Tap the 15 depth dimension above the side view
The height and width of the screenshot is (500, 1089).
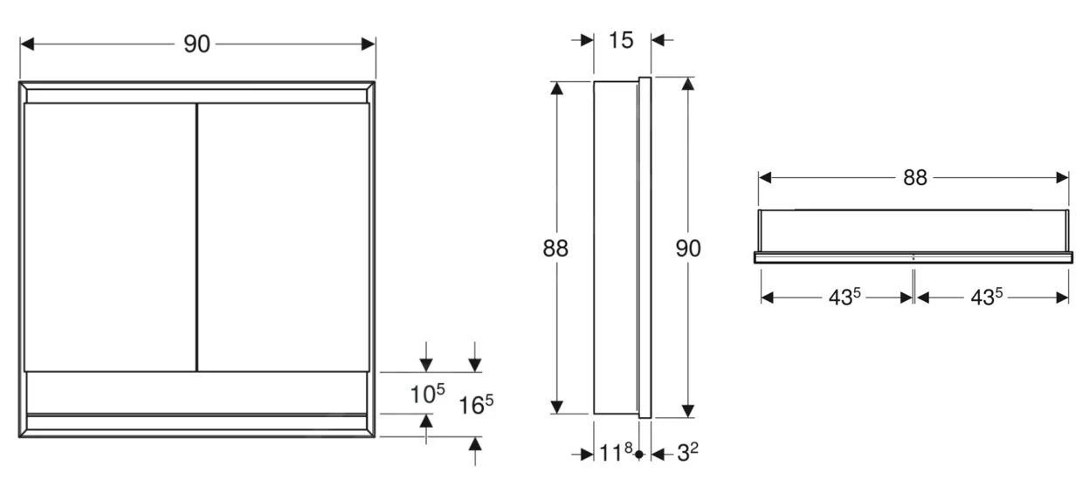(x=621, y=40)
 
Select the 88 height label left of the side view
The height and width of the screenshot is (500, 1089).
(x=555, y=249)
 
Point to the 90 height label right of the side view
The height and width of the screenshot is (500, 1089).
(x=688, y=249)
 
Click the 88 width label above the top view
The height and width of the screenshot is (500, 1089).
(x=914, y=178)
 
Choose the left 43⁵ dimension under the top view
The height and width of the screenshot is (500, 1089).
(x=844, y=298)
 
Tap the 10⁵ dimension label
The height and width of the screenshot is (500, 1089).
(x=428, y=394)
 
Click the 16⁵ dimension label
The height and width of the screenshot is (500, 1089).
(x=477, y=405)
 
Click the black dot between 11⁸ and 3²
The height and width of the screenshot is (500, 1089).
(x=639, y=455)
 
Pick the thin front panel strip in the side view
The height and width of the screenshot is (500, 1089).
(x=644, y=249)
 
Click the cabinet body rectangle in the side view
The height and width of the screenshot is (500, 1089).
(x=616, y=249)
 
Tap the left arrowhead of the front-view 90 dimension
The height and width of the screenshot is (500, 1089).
(x=27, y=45)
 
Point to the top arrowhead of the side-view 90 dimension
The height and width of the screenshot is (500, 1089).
(x=688, y=85)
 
